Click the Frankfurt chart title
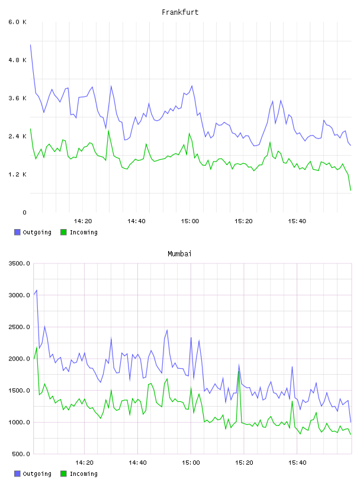click(x=180, y=12)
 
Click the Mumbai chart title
click(x=179, y=253)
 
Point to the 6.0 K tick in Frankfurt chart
click(x=17, y=22)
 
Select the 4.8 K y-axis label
click(x=17, y=60)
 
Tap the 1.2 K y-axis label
click(x=17, y=175)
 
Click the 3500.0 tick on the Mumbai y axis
click(x=19, y=263)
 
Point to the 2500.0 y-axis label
click(x=19, y=327)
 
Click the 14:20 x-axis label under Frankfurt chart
click(x=83, y=221)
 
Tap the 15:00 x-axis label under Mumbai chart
click(x=191, y=463)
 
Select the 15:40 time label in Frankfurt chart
click(x=297, y=221)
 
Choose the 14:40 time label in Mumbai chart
click(x=137, y=463)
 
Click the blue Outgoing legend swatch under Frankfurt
click(x=17, y=232)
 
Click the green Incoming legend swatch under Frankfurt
click(x=63, y=232)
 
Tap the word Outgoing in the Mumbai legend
click(x=37, y=474)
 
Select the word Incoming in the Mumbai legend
click(x=83, y=474)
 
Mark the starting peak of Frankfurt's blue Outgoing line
click(x=31, y=45)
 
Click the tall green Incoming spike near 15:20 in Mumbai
click(x=239, y=372)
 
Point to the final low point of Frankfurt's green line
click(x=351, y=191)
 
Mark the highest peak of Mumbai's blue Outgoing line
click(x=37, y=290)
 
